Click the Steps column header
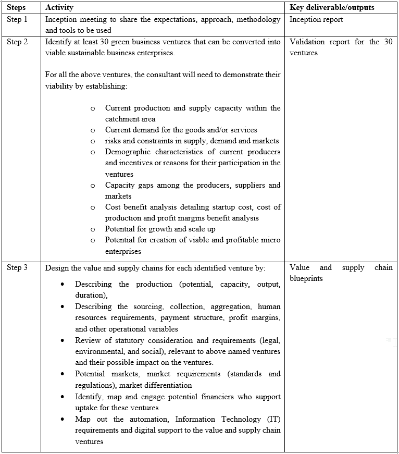pos(16,8)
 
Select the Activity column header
pos(59,8)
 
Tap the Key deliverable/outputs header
pos(332,8)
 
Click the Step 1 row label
pos(17,20)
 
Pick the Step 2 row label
pos(17,42)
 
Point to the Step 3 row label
pos(17,267)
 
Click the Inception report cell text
pos(316,20)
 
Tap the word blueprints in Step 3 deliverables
pos(306,278)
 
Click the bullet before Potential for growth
pos(93,229)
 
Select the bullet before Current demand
pos(93,130)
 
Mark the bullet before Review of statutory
pos(63,341)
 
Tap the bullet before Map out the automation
pos(63,420)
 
